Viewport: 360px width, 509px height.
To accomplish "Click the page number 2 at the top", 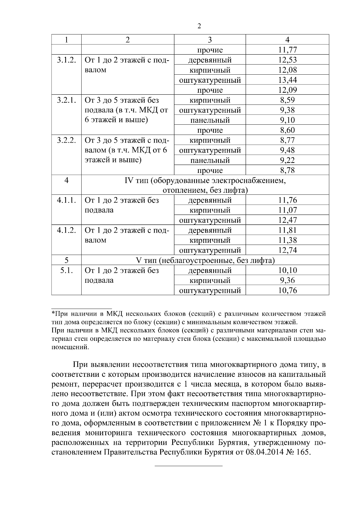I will (199, 26).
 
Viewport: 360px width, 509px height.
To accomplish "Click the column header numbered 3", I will (210, 40).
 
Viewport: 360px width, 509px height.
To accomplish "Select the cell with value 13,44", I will (287, 80).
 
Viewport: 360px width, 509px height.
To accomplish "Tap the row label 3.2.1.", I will (66, 100).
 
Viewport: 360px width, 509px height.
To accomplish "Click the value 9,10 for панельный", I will (287, 120).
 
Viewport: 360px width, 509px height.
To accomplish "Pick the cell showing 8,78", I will (287, 170).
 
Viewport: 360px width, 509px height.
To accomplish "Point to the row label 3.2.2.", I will (66, 140).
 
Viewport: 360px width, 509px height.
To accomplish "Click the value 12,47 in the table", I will (287, 220).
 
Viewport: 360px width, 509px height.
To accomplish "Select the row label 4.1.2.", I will (66, 230).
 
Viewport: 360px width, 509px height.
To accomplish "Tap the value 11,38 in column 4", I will (287, 240).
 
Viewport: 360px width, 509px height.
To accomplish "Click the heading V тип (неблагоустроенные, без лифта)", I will (205, 260).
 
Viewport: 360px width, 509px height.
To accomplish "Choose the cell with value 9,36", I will (287, 280).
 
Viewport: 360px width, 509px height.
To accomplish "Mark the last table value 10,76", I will (287, 290).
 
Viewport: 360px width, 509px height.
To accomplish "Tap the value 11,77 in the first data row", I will (287, 50).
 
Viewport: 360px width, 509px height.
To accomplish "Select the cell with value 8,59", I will (287, 100).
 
